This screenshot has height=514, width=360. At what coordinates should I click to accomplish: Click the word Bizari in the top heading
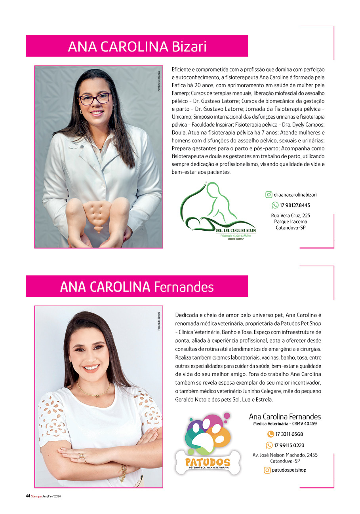click(x=189, y=46)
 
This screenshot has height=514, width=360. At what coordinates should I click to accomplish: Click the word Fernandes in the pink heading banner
click(x=184, y=286)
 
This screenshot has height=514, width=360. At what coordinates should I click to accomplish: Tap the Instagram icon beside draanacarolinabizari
click(x=269, y=195)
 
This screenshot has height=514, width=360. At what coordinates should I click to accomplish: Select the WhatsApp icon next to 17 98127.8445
click(x=275, y=205)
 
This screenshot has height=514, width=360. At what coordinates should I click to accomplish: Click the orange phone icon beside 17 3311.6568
click(x=270, y=434)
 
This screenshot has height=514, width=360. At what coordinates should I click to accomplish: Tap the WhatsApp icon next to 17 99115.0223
click(x=269, y=445)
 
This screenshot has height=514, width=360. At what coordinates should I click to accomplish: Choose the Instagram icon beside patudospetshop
click(x=267, y=470)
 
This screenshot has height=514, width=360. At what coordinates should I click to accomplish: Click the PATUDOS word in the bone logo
click(x=208, y=462)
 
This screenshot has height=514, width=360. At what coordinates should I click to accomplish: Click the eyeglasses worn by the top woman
click(x=95, y=99)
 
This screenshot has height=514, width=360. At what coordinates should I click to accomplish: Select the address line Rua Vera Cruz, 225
click(x=290, y=216)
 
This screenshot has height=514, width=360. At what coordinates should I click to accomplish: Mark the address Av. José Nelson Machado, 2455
click(x=285, y=455)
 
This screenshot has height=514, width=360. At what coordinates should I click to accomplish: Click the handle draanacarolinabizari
click(x=295, y=195)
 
